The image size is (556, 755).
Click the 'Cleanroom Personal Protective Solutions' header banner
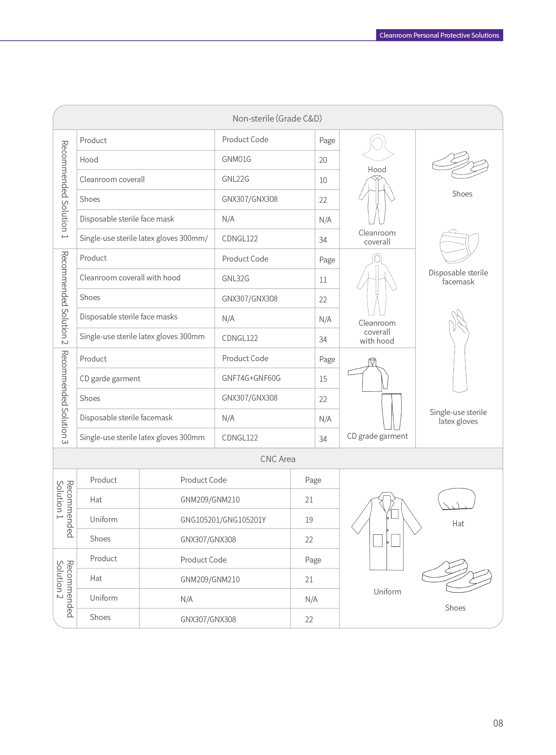point(439,35)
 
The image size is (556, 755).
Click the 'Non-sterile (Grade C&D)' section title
point(277,118)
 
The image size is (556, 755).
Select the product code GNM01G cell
point(236,159)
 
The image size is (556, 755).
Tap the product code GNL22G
point(235,179)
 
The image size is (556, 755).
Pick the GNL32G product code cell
point(235,279)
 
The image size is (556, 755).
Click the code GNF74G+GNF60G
point(251,378)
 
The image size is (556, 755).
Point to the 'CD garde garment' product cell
point(110,379)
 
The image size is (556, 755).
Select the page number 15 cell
point(323,379)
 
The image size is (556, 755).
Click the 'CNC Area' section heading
point(278,459)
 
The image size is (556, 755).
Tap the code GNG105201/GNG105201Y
point(223,520)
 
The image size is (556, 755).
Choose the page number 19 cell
point(309,520)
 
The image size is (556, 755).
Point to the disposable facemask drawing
point(459,247)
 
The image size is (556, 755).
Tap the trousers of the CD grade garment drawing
point(391,411)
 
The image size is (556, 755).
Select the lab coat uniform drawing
point(387,532)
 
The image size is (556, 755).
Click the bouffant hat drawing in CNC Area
point(456,499)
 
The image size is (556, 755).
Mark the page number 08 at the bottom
point(498,723)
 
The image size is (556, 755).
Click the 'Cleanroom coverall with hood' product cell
point(130,278)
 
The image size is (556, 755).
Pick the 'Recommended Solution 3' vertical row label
point(65,397)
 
